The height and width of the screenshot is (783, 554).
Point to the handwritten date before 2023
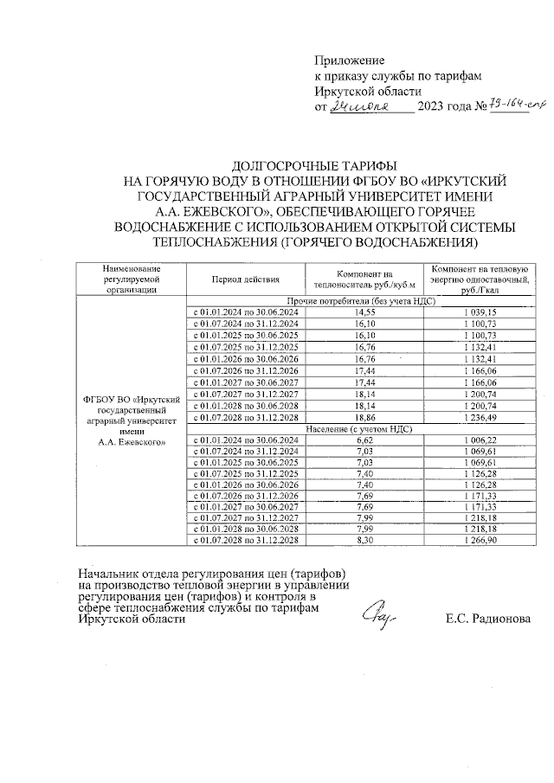point(364,106)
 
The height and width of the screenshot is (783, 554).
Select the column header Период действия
point(244,279)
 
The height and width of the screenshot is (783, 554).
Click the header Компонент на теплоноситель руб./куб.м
point(364,279)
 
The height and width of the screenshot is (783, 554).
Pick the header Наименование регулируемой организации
point(130,279)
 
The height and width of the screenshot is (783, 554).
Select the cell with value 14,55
point(364,311)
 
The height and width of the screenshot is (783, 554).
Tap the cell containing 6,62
point(364,440)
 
